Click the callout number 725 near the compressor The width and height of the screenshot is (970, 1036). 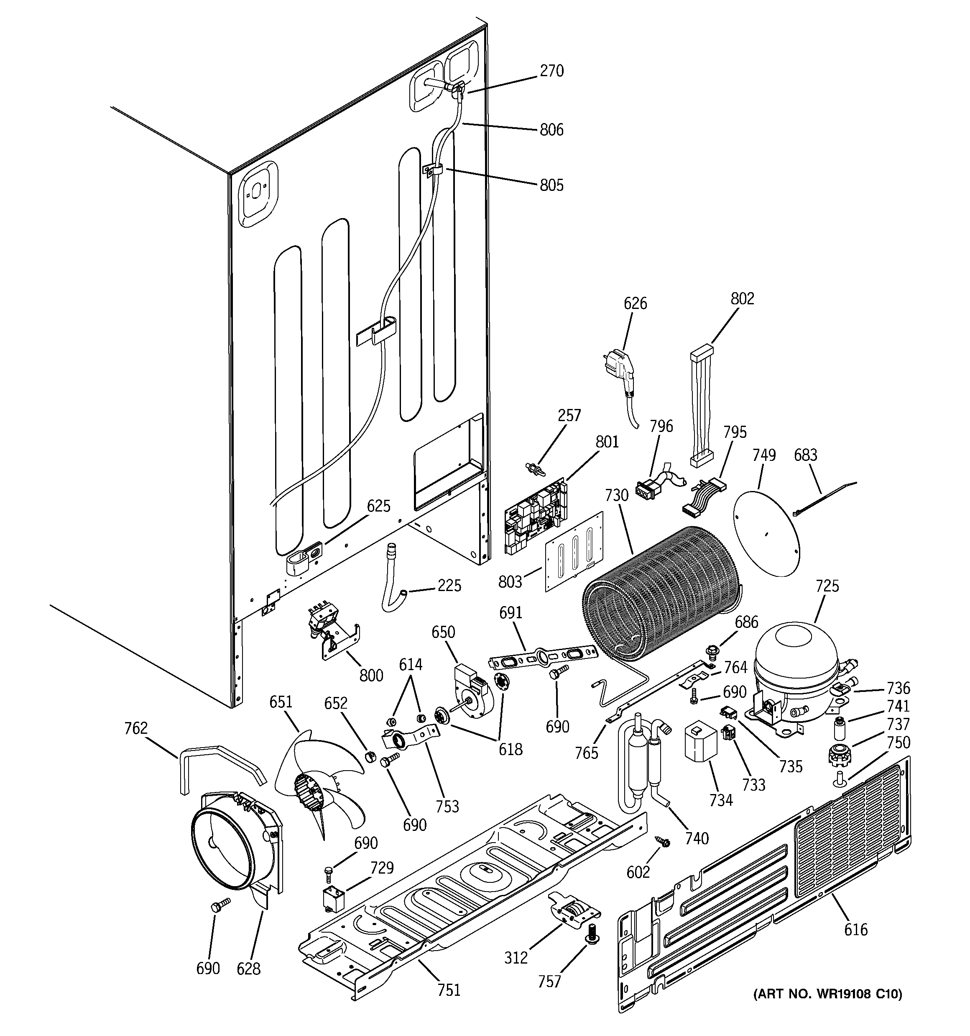point(827,586)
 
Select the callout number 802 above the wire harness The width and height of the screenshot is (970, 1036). point(742,298)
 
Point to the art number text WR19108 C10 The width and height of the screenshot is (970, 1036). point(828,994)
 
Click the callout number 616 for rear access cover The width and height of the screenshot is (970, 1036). point(856,929)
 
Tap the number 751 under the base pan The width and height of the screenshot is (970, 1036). point(449,989)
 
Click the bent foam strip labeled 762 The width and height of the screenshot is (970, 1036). point(219,766)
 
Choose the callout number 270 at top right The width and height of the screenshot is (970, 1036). point(551,70)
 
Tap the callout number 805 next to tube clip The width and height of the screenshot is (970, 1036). point(551,185)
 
